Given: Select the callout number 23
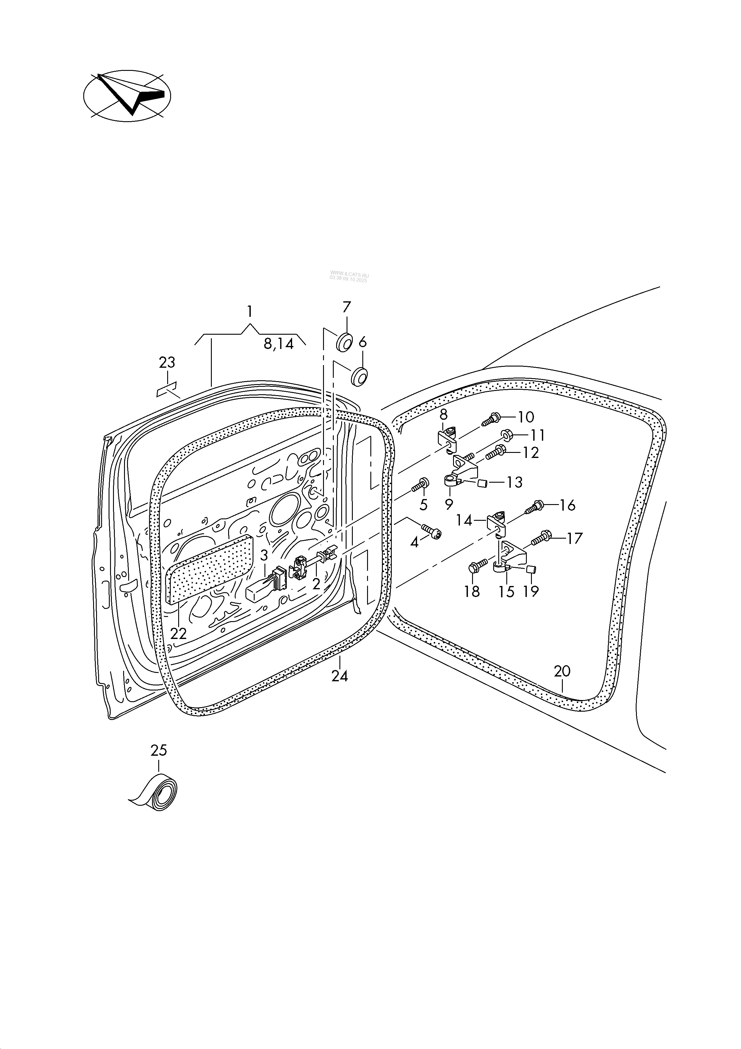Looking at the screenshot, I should tap(167, 363).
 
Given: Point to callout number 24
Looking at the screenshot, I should tap(340, 677).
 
